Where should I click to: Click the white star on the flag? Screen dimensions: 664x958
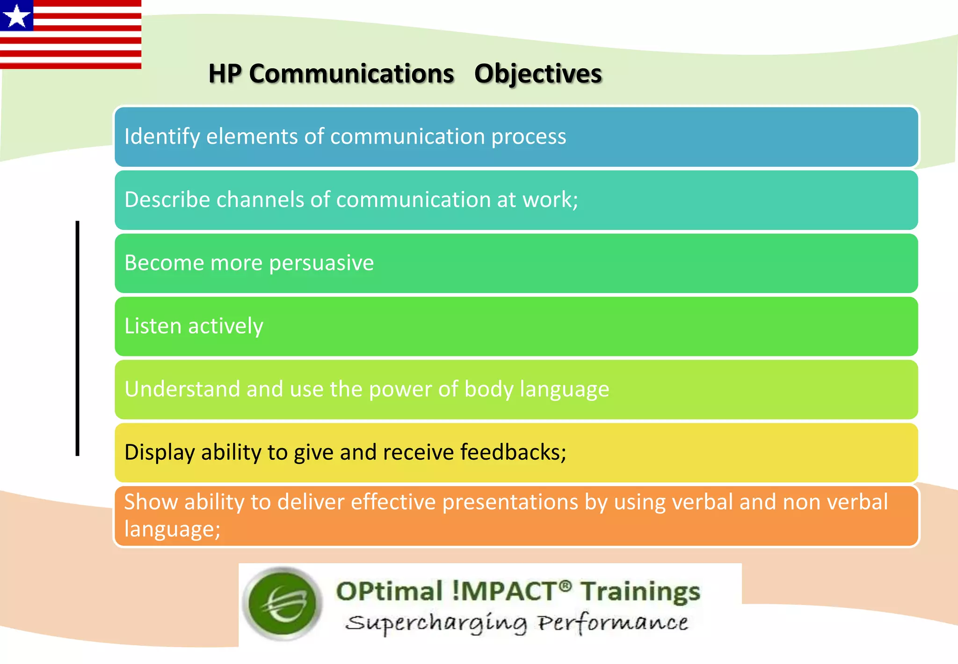(17, 16)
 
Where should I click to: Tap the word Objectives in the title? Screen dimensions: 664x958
(538, 74)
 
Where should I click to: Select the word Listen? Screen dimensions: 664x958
(152, 326)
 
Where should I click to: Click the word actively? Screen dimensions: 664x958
(225, 326)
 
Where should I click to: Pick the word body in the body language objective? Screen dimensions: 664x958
(488, 390)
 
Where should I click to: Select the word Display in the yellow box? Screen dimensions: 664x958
(160, 453)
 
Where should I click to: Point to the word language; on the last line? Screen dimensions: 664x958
(172, 530)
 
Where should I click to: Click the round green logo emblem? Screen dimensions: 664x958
(283, 603)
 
